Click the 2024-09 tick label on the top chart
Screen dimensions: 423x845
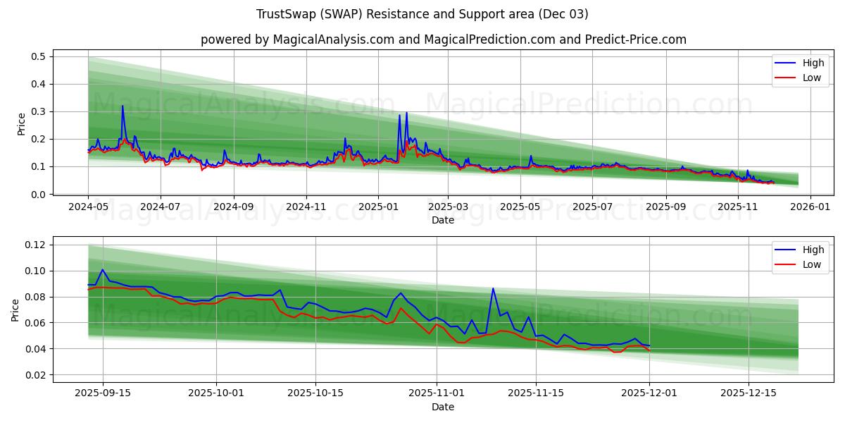click(x=233, y=207)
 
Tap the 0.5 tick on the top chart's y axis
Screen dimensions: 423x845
click(x=39, y=56)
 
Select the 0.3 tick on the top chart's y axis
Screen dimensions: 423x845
click(x=39, y=111)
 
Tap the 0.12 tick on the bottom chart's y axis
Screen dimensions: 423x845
click(x=35, y=245)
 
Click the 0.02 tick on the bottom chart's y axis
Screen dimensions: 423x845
click(x=35, y=375)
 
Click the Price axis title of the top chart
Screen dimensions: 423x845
click(x=22, y=124)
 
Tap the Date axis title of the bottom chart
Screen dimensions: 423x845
click(x=443, y=407)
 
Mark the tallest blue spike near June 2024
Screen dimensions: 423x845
click(x=123, y=106)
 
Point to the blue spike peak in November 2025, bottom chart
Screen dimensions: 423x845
click(x=493, y=288)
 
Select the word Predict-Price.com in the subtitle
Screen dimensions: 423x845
click(x=635, y=39)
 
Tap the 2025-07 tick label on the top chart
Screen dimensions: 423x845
click(x=591, y=207)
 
